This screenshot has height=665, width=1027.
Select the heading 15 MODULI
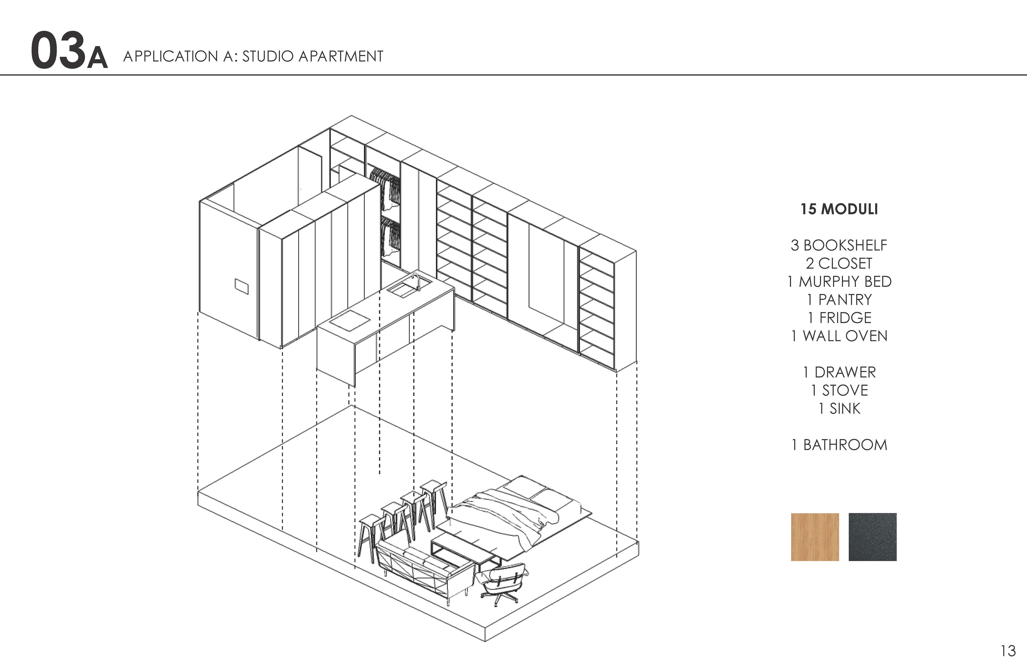(x=839, y=209)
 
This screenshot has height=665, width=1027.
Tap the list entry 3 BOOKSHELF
(x=839, y=245)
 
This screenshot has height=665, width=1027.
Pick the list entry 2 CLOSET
(x=839, y=263)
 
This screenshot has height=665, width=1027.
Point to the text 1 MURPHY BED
(x=839, y=282)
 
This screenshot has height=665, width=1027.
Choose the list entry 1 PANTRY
(x=839, y=300)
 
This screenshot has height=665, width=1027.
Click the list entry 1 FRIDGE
(x=839, y=318)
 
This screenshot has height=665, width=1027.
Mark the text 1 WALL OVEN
(x=839, y=336)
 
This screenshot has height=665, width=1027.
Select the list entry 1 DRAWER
(x=839, y=372)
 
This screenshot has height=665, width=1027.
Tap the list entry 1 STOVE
(x=839, y=390)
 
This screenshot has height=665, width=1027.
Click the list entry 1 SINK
(x=839, y=408)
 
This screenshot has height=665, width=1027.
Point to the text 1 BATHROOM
(x=839, y=445)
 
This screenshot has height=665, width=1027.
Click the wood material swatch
(x=815, y=537)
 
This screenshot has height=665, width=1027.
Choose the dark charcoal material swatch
(x=872, y=537)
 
